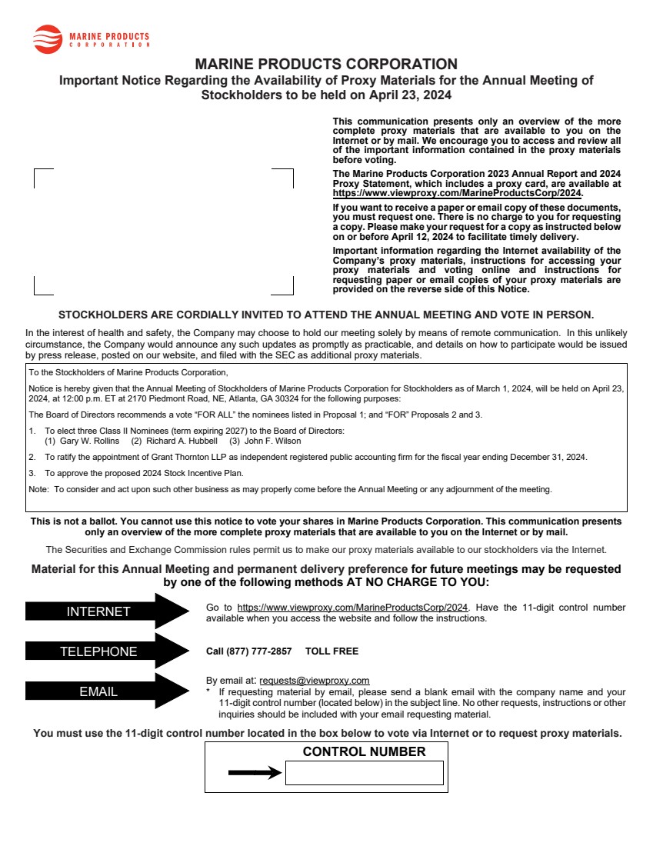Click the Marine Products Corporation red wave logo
point(48,38)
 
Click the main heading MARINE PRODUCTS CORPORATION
point(326,64)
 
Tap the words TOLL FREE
point(331,651)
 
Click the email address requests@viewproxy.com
point(315,681)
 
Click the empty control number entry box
point(364,773)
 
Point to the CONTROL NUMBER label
point(364,751)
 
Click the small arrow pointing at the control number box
point(255,773)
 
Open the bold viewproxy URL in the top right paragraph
point(457,193)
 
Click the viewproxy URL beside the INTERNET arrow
point(353,608)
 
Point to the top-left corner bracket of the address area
point(37,172)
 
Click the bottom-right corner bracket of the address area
point(291,292)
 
